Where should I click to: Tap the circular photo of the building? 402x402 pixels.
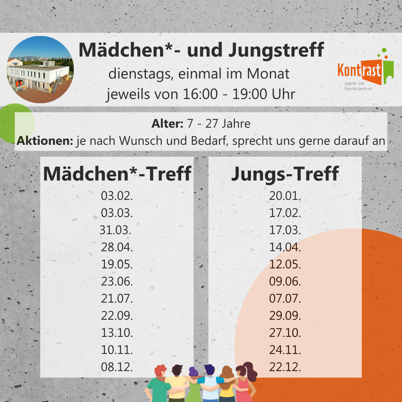(x=40, y=70)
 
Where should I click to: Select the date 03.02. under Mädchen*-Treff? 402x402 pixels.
(x=117, y=196)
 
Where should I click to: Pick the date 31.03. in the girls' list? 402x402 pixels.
(x=115, y=230)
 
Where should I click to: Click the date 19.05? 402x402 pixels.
(x=117, y=265)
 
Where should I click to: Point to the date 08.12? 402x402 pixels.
(x=117, y=367)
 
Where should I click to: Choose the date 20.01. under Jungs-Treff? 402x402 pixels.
(x=285, y=196)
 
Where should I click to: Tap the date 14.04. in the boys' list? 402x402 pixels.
(x=285, y=247)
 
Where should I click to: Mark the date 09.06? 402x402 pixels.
(x=285, y=282)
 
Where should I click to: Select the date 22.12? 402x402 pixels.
(x=285, y=367)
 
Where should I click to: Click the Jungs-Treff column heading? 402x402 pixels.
(x=285, y=174)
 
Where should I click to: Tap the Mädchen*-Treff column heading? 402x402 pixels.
(x=117, y=174)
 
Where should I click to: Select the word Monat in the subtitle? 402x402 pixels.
(x=268, y=74)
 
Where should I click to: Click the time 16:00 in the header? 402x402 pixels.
(x=200, y=94)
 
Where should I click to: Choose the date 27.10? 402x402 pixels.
(x=285, y=333)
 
